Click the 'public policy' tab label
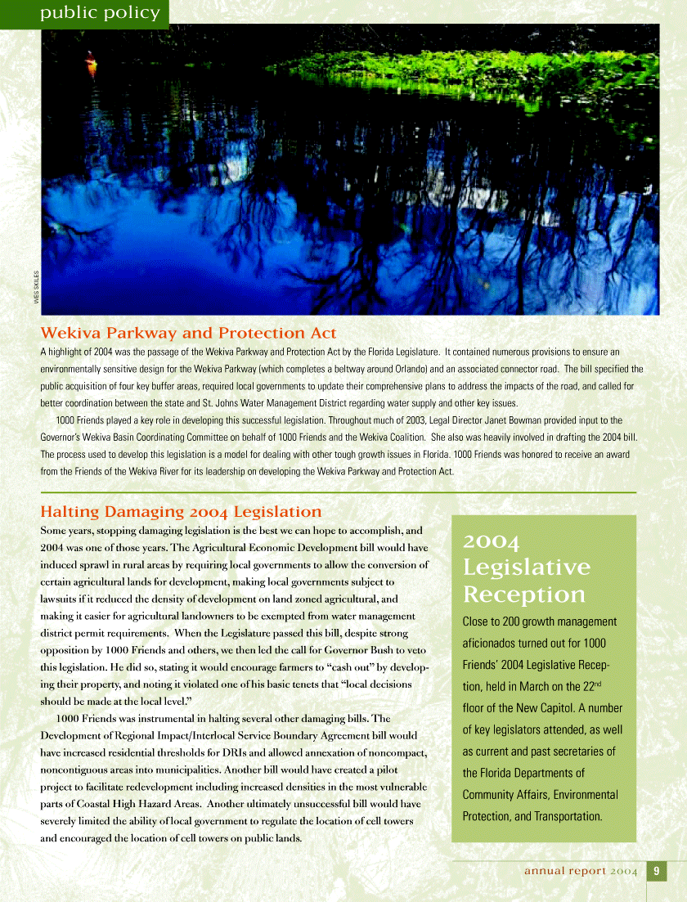coord(91,12)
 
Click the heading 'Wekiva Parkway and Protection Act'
coord(188,333)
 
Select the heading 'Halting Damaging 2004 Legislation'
coord(181,512)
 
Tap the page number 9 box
coord(656,871)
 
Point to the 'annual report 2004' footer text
coord(580,872)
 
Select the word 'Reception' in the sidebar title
coord(523,594)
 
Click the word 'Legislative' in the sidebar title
coord(526,567)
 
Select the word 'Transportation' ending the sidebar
coord(564,816)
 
